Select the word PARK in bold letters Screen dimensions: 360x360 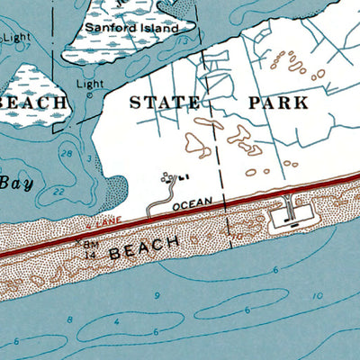[277, 103]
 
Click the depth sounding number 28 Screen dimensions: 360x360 [66, 154]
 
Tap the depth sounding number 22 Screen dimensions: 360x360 [59, 192]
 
